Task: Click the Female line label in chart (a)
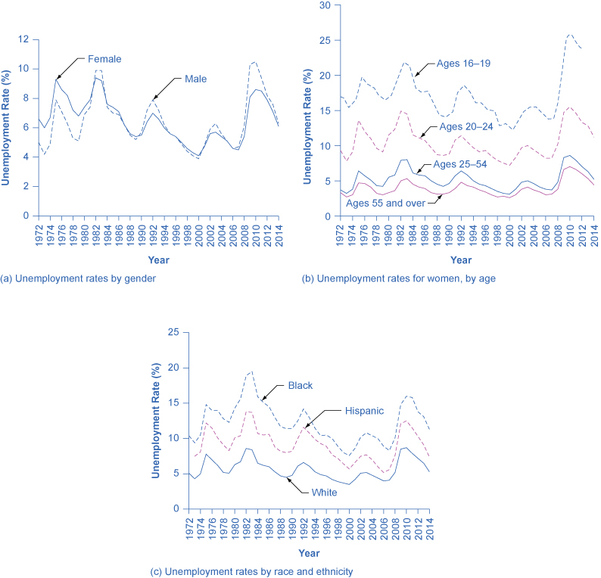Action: point(104,59)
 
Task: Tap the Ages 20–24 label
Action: point(467,126)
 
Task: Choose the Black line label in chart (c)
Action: point(300,385)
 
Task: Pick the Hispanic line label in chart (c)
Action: point(363,410)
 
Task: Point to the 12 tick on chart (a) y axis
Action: point(23,39)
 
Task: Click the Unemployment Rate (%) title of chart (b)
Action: point(308,110)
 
